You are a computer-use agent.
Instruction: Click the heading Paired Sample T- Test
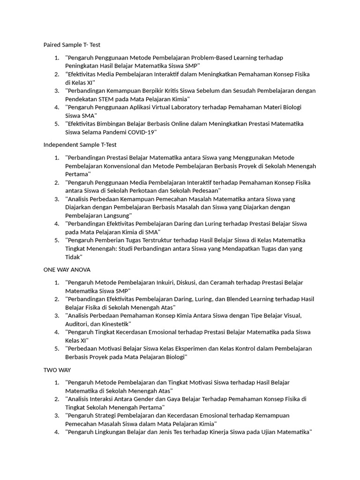(72, 45)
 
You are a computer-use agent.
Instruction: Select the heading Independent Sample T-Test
(80, 145)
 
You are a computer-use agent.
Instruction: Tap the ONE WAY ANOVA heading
(67, 270)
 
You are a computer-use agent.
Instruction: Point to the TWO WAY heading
(57, 370)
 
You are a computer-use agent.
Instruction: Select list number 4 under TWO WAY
(57, 432)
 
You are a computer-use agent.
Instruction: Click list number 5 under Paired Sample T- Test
(57, 124)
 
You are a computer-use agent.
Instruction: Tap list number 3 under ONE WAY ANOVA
(57, 315)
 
